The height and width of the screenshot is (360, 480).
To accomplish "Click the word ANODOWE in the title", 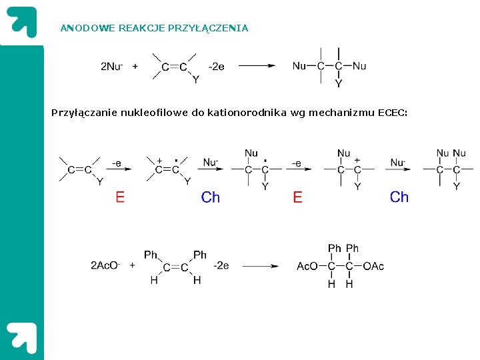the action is point(79,28).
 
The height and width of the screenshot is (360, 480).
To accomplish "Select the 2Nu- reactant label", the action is point(111,66).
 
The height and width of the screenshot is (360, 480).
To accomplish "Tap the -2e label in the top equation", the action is point(217,66).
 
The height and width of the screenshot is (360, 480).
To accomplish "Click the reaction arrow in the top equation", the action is point(257,66).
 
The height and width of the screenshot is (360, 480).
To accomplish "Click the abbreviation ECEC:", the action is point(393,113).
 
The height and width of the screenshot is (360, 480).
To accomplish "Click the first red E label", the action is point(120,197).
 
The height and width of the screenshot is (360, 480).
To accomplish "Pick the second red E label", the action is point(297,197).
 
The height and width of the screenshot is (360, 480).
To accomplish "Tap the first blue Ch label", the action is point(210,197).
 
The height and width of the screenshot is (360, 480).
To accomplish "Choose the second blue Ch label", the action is point(399,197).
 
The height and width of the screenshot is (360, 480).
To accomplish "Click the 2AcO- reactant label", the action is point(105,266).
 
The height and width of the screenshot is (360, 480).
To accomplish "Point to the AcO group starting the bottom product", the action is point(307,267).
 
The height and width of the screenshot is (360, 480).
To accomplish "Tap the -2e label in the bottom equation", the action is point(221,265).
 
